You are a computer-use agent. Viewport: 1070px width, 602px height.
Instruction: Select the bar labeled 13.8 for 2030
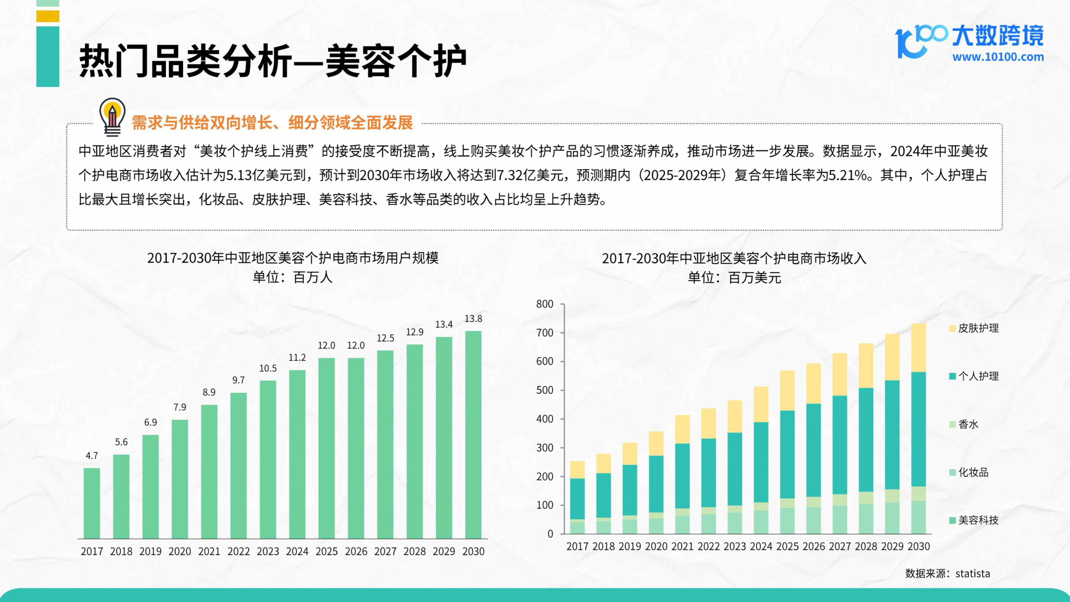tap(473, 434)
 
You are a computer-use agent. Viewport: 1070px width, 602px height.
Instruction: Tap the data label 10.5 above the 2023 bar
tap(268, 368)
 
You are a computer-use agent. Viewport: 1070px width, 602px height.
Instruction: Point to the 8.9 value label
tap(209, 392)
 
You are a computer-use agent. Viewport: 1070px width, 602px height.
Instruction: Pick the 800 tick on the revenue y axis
tap(545, 304)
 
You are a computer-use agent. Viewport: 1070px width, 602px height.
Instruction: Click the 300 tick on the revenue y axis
tap(545, 448)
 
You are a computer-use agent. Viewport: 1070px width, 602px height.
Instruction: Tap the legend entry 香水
tap(968, 424)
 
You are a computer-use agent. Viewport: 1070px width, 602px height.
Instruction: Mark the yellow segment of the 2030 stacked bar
tap(918, 348)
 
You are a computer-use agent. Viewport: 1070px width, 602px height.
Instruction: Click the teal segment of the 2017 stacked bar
tap(577, 498)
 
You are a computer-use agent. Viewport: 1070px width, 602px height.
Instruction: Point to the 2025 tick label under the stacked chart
tap(788, 546)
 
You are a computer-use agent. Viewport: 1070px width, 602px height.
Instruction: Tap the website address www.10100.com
tap(998, 57)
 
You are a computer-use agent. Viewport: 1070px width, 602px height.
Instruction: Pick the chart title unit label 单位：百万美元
tap(734, 277)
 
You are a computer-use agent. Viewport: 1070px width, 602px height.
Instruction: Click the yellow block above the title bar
tap(48, 16)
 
